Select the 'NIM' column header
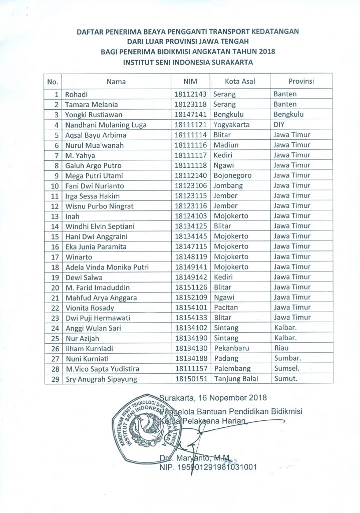pyautogui.click(x=190, y=81)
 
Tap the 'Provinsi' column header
pyautogui.click(x=301, y=81)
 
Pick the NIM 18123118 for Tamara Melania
pyautogui.click(x=190, y=104)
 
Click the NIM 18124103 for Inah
pyautogui.click(x=190, y=216)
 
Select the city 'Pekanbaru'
pyautogui.click(x=231, y=348)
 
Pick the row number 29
pyautogui.click(x=56, y=379)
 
